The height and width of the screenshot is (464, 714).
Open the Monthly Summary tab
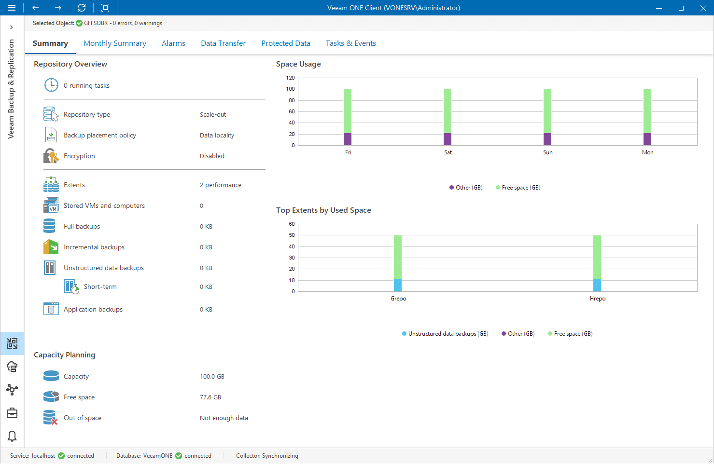point(115,43)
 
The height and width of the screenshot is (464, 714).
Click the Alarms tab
point(173,43)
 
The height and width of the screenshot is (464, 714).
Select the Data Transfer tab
point(223,43)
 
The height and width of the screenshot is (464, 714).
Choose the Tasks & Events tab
point(350,43)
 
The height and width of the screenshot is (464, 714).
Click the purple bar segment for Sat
point(448,139)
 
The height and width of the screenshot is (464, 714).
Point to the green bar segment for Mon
point(647,111)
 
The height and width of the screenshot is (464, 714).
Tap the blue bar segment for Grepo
point(398,285)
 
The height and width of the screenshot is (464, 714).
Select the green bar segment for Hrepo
point(597,257)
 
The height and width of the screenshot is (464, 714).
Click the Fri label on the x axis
point(348,152)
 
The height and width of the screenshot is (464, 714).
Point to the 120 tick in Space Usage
point(290,78)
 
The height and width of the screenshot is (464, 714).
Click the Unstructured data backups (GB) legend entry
point(445,334)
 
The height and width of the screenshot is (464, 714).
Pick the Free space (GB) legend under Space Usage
point(518,188)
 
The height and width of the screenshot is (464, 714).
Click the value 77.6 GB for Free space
point(210,397)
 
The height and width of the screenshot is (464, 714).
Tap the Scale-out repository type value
point(213,115)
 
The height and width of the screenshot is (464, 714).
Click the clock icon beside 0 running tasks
point(51,85)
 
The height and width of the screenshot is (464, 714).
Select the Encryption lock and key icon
point(51,156)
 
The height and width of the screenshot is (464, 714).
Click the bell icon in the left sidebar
point(12,436)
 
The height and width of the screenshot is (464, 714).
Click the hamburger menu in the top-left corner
point(12,8)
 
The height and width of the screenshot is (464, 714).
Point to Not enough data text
point(224,418)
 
